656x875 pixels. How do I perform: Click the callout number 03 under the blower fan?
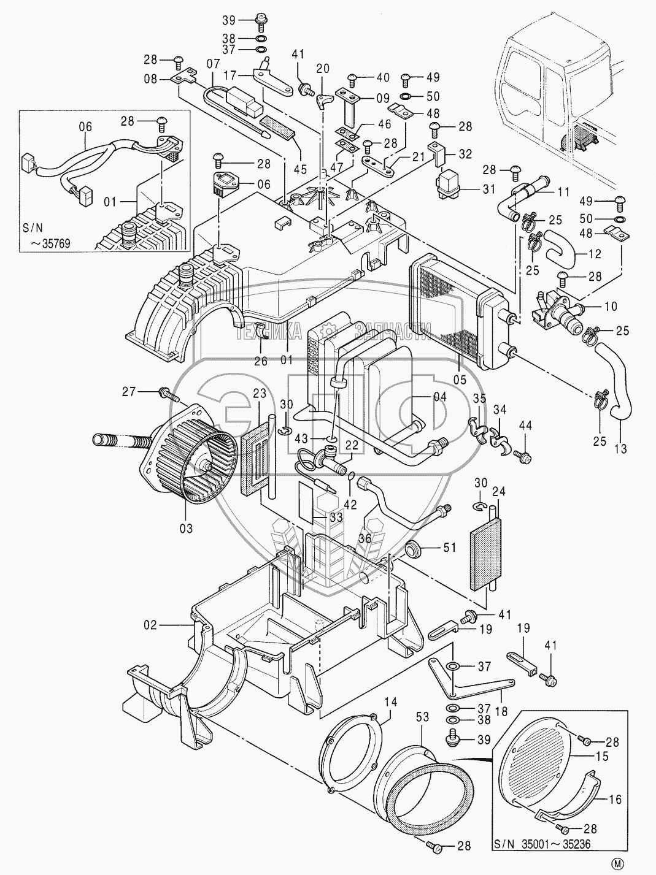point(185,528)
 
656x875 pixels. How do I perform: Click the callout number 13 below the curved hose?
point(620,449)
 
